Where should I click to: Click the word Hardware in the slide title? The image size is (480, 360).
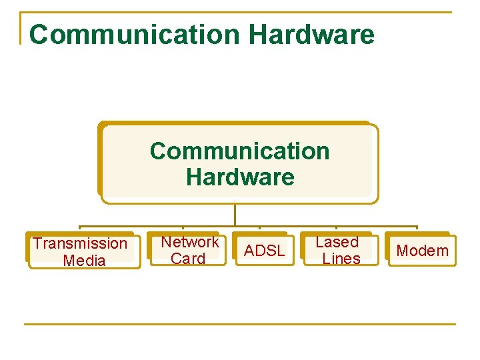pos(313,34)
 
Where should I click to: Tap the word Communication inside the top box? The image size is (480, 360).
pos(239,151)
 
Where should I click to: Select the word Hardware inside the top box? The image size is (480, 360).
pos(240,177)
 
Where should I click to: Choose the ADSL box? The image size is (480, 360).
pos(264,251)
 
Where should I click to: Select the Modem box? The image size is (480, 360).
pos(422,251)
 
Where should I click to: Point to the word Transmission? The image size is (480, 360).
pos(80,243)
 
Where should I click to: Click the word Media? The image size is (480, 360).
pos(84,260)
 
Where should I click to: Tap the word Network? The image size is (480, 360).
pos(190,242)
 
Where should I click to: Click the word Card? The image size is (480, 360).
pos(188,259)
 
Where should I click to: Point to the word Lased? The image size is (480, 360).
pos(337,242)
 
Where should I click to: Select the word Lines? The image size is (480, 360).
pos(341,259)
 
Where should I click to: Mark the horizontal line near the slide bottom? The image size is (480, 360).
pos(240,324)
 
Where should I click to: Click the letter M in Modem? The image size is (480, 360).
pos(403,251)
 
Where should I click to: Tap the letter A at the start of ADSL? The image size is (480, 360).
pos(249,251)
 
